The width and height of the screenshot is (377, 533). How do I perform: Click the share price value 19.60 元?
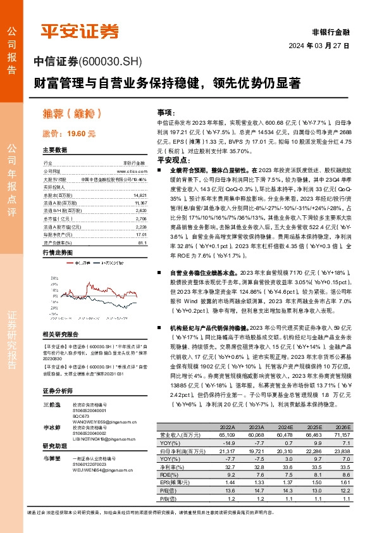[82, 134]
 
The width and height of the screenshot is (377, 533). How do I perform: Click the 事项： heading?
[166, 111]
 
